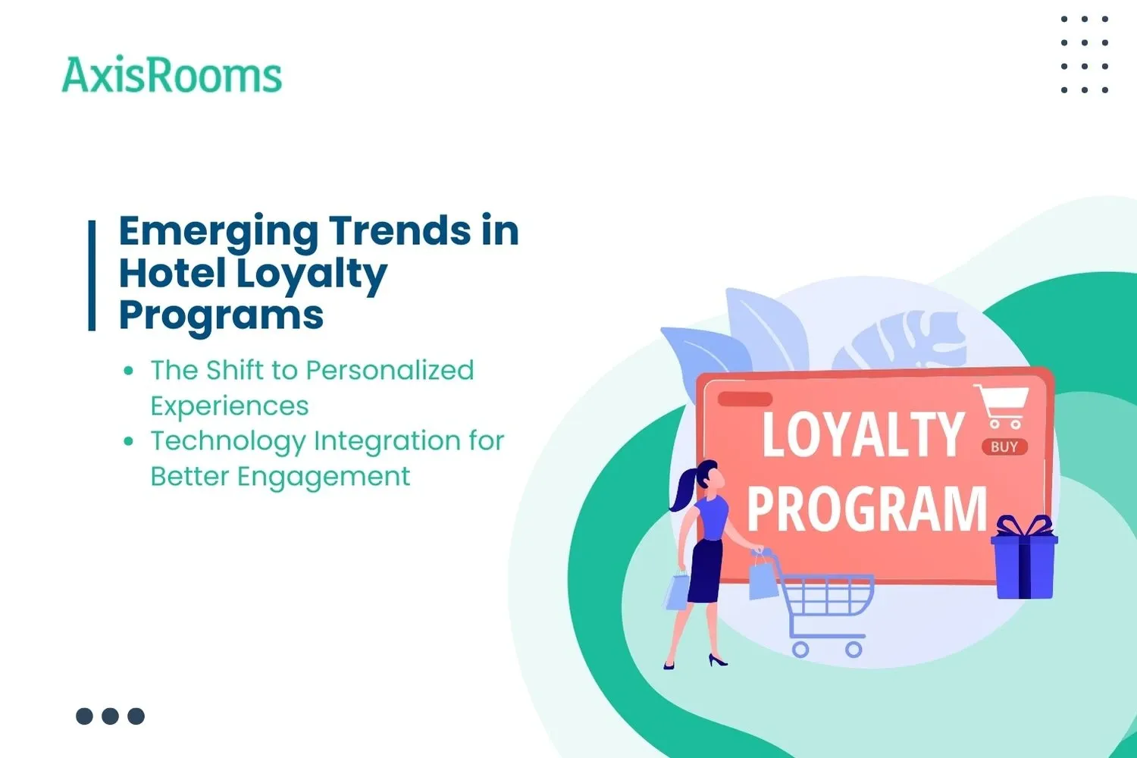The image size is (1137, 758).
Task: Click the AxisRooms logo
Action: click(171, 76)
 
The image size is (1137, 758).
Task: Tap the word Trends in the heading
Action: click(399, 230)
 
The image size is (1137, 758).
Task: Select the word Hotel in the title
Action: click(172, 273)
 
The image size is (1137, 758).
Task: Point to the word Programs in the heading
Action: click(221, 315)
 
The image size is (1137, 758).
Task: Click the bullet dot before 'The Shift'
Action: click(129, 371)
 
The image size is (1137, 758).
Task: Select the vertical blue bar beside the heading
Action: click(92, 275)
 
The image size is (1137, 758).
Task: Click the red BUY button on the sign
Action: click(1004, 446)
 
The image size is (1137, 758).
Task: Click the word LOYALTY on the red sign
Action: click(862, 434)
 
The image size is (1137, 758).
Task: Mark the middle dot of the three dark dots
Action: click(110, 716)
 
